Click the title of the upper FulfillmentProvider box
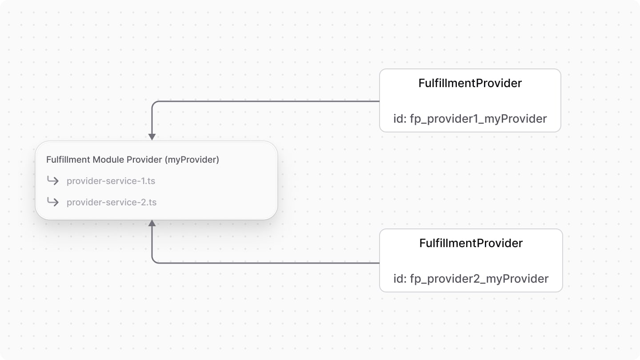click(x=470, y=83)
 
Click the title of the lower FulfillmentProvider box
click(x=471, y=243)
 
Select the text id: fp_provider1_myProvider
click(x=470, y=119)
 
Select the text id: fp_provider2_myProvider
click(x=471, y=279)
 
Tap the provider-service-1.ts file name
click(x=111, y=181)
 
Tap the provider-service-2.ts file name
click(x=111, y=202)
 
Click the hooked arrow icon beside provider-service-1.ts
click(x=53, y=180)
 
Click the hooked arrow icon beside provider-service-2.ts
click(x=53, y=202)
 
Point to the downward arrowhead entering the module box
click(x=152, y=137)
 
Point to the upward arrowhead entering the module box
click(x=152, y=223)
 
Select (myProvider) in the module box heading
click(x=192, y=160)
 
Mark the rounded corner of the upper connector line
click(x=154, y=103)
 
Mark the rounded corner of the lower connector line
click(x=154, y=261)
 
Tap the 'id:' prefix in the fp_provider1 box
click(x=400, y=119)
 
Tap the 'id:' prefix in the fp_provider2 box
click(x=400, y=279)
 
